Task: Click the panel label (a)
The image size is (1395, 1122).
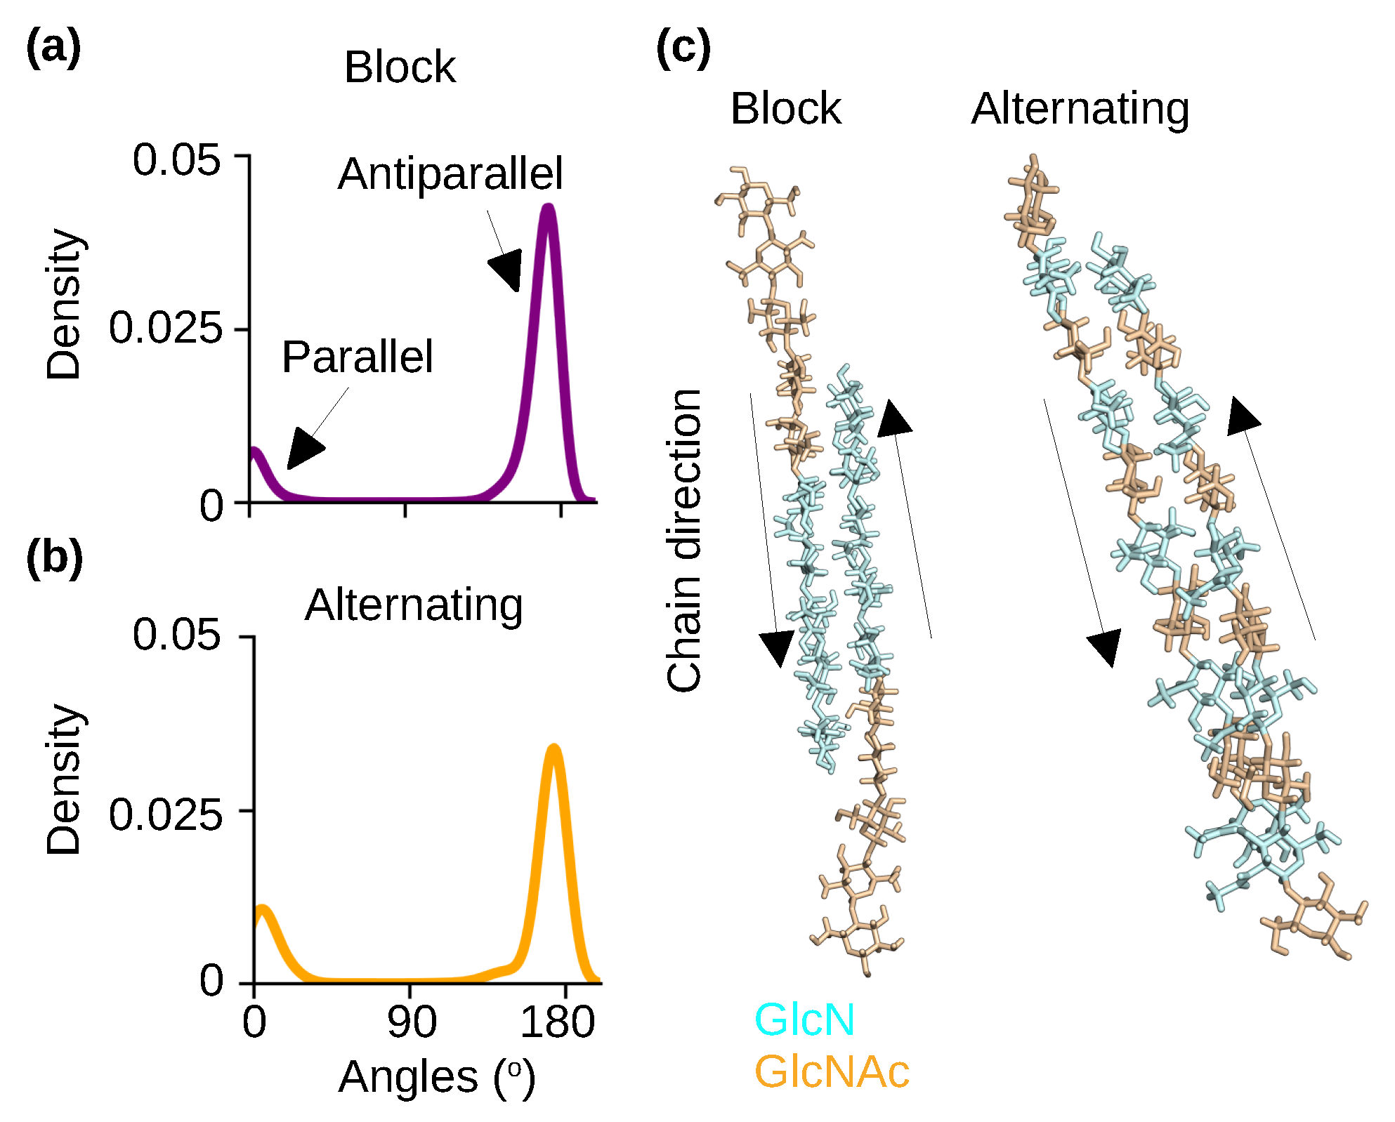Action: point(53,48)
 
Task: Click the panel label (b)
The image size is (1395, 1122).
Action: point(54,558)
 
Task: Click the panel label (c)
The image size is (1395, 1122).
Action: point(683,48)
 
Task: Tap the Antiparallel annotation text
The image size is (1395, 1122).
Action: point(450,174)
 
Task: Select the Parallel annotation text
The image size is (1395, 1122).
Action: point(357,357)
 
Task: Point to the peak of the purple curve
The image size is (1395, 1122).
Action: point(548,207)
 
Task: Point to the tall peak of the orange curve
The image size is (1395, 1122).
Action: point(554,748)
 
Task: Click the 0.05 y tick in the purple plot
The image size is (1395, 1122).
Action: point(176,159)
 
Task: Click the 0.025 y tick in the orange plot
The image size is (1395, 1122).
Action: point(165,814)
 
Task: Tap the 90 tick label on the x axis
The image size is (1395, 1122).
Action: point(412,1022)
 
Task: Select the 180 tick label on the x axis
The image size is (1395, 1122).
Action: point(557,1022)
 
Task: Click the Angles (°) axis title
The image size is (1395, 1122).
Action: point(436,1077)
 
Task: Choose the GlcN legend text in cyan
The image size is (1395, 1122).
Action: point(804,1019)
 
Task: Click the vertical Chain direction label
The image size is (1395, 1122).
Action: point(684,541)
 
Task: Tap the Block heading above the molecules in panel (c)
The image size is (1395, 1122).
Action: point(785,109)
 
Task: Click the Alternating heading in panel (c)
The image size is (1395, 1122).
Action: point(1080,109)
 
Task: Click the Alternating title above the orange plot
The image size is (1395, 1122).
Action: point(414,605)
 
